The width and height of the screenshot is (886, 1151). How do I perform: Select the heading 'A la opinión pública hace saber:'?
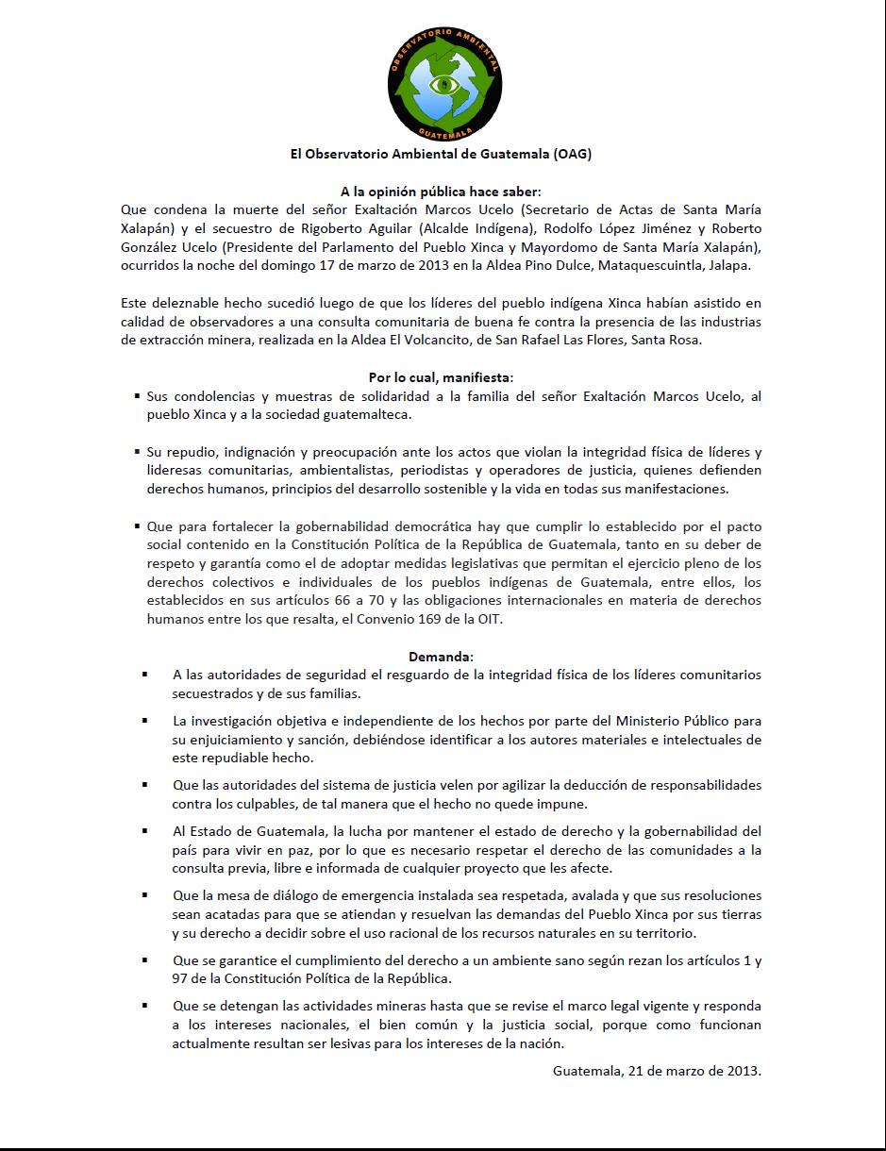coord(442,192)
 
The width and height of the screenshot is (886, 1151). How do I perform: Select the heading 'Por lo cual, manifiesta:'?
coord(442,377)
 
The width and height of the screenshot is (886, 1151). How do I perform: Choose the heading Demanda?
coord(442,656)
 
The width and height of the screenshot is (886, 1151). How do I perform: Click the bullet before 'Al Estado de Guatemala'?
coord(145,831)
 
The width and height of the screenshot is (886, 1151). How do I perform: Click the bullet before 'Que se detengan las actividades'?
coord(145,1005)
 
